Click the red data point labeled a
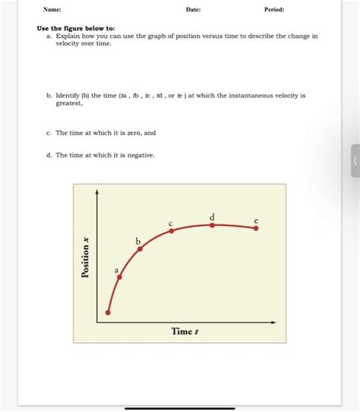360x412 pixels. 119,277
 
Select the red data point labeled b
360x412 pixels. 140,249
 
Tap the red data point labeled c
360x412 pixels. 172,230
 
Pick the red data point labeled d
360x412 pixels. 213,225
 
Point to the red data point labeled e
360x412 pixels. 256,228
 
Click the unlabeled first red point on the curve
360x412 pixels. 108,312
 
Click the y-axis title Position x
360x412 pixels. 86,257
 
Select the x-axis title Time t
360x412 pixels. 185,333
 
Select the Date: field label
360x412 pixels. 194,10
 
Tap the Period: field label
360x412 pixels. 273,10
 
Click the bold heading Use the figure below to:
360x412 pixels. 76,29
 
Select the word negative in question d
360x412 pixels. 139,154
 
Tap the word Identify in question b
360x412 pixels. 69,96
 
